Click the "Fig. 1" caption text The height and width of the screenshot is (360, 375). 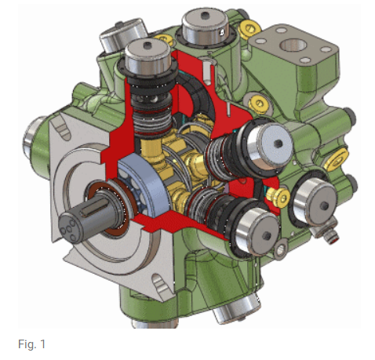tap(31, 344)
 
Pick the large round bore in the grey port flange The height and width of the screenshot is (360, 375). tap(293, 45)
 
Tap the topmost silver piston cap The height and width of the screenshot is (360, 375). tap(206, 26)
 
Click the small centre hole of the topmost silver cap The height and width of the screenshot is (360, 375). tap(204, 15)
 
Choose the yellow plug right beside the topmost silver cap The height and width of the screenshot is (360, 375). tap(249, 28)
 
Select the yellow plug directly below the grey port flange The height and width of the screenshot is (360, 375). tap(259, 104)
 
